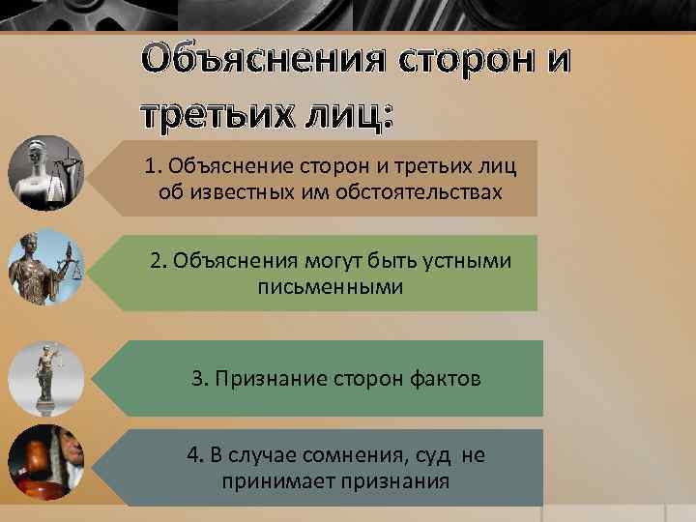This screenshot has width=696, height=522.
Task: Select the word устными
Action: [x=471, y=262]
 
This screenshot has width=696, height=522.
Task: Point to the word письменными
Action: [x=331, y=287]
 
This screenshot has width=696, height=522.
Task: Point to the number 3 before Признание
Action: [x=197, y=379]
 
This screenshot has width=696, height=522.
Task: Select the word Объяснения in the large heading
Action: [x=261, y=57]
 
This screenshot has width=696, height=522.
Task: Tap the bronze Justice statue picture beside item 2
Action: [x=45, y=267]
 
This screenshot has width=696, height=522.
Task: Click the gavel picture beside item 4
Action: [x=45, y=462]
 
